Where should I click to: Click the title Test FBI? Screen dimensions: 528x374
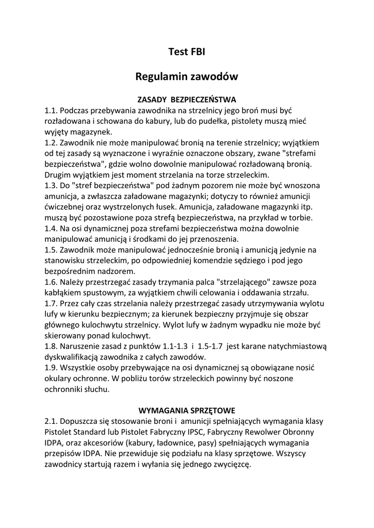187,52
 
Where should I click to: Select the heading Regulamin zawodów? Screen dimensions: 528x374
187,77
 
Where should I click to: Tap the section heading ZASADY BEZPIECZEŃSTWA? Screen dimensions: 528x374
187,98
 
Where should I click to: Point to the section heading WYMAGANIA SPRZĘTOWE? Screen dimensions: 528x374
187,410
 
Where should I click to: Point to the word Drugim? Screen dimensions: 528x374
59,175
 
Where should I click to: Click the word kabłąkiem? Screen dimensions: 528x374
64,294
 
